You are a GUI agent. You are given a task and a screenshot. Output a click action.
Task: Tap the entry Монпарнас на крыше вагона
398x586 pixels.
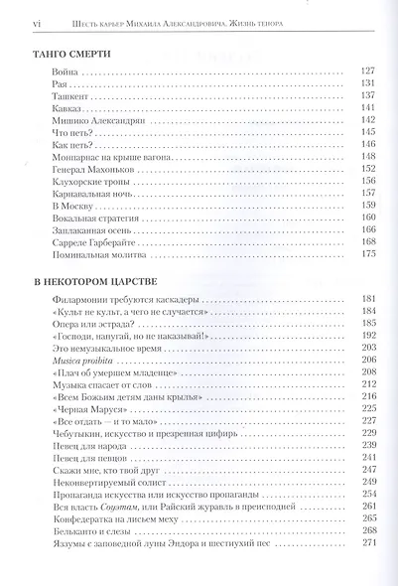pos(100,157)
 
